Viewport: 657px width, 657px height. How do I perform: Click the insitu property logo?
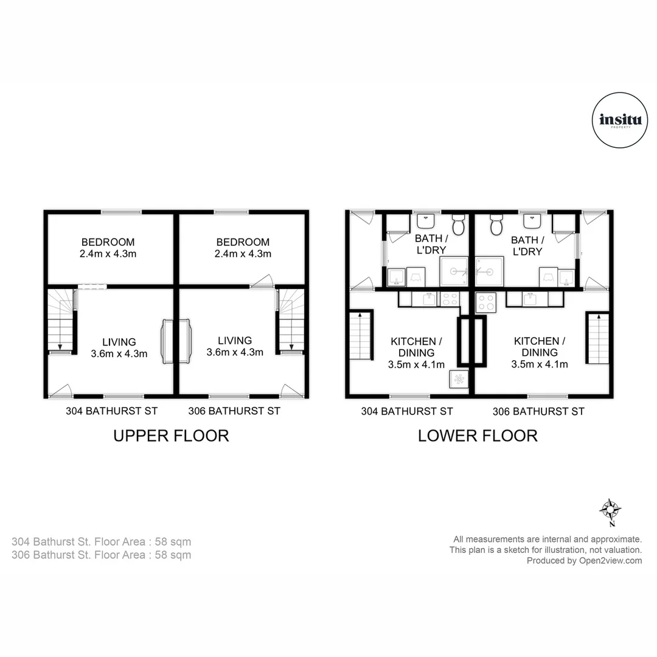(x=616, y=120)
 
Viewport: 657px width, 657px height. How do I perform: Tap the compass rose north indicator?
(x=610, y=509)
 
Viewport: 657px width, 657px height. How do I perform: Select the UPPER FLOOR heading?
(x=171, y=436)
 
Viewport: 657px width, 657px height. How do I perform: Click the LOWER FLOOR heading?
(x=478, y=436)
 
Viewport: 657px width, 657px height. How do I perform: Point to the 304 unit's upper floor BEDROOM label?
(x=108, y=242)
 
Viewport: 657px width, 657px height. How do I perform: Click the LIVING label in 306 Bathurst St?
(x=235, y=341)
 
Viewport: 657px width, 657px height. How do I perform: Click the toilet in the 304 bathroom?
(x=459, y=226)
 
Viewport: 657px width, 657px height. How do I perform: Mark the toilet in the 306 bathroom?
(x=496, y=226)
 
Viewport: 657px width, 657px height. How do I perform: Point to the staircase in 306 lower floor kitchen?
(x=597, y=338)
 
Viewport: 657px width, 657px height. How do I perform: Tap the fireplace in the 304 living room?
(x=167, y=342)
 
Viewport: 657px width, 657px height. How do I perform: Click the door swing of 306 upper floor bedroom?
(x=263, y=280)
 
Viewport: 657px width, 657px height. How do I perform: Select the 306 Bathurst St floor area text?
(x=102, y=555)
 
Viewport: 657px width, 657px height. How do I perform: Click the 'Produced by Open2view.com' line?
(x=584, y=561)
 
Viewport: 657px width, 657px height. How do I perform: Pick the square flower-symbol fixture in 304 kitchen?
(x=459, y=379)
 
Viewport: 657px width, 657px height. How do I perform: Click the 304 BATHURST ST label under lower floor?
(x=407, y=411)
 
